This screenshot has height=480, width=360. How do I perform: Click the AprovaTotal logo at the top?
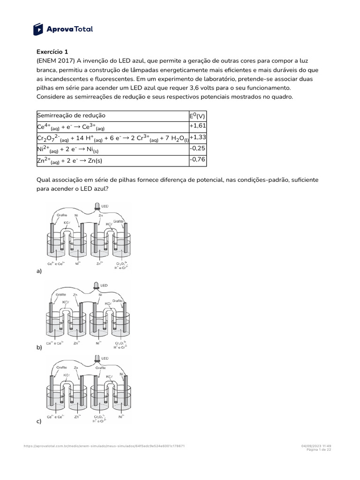63,29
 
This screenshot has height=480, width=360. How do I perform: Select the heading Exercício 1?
52,52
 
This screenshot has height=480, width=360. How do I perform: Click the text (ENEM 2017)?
54,61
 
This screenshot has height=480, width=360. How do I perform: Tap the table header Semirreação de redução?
71,115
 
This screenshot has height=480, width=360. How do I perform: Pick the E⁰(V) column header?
197,115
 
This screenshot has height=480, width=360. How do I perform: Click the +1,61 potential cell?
197,127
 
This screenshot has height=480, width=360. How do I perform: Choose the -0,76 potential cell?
197,160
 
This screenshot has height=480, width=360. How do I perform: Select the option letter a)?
39,271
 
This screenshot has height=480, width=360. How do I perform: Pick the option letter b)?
39,348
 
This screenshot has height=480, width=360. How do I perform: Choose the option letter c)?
39,421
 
